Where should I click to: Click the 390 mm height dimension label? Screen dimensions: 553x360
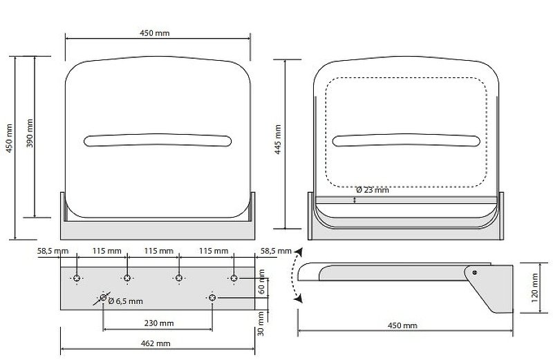[x=30, y=133]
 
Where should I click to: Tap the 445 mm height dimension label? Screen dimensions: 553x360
[x=278, y=140]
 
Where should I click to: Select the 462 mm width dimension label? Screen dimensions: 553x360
[x=156, y=343]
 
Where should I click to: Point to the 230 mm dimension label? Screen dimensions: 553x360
[x=159, y=323]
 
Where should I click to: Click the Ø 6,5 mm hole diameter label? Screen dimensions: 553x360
[x=126, y=301]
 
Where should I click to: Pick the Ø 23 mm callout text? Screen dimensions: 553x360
[x=373, y=190]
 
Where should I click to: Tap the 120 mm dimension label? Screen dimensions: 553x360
[x=534, y=287]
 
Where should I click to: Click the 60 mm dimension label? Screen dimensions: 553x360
[x=262, y=281]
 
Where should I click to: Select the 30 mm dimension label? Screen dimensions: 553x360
[x=261, y=323]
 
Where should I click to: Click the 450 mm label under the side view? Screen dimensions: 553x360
[x=402, y=325]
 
